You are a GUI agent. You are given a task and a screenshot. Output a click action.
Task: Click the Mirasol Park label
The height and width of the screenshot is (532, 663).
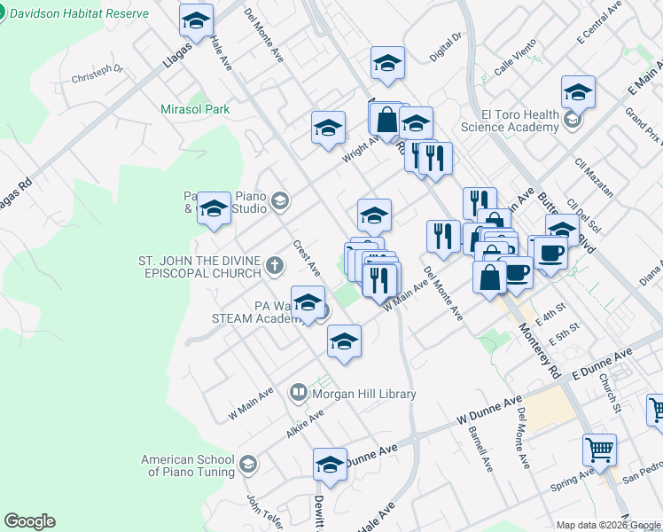click(194, 110)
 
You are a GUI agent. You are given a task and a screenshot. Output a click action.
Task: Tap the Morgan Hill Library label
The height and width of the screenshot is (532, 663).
click(363, 394)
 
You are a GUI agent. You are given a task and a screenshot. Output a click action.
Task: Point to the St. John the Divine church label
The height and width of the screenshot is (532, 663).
click(199, 267)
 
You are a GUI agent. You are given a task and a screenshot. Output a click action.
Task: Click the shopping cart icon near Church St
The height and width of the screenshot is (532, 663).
click(599, 450)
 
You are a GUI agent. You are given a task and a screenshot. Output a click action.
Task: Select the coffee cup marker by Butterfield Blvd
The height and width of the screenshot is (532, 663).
click(550, 253)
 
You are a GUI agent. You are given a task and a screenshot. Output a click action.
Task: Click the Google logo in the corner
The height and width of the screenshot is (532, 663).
click(29, 521)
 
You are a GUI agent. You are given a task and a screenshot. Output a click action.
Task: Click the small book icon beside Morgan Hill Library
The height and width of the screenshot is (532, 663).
click(299, 391)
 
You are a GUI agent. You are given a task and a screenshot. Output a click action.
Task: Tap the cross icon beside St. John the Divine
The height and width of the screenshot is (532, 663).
click(275, 263)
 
